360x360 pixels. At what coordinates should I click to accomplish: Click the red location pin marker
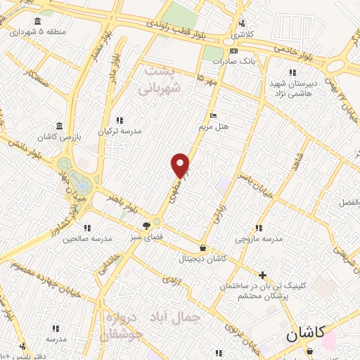(x=181, y=165)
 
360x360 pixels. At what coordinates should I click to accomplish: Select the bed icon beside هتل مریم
(x=214, y=116)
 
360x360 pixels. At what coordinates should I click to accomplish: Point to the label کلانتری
(x=243, y=34)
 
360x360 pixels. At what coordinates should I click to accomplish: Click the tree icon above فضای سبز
(x=146, y=226)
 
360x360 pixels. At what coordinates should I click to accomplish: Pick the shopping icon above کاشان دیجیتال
(x=203, y=247)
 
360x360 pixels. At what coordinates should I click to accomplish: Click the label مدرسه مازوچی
(x=259, y=238)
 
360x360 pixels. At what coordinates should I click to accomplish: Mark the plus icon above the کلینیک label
(x=263, y=275)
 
